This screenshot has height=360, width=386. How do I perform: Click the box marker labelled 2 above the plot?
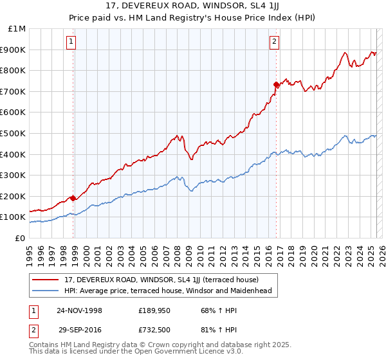pos(274,42)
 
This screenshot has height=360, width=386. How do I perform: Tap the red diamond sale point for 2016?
pos(276,84)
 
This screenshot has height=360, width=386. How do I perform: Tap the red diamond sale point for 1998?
pos(73,198)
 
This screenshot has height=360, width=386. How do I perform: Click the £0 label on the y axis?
pos(19,238)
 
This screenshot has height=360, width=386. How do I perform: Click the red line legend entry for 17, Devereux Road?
pos(161,280)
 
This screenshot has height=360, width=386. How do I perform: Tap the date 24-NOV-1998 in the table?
pos(79,310)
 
